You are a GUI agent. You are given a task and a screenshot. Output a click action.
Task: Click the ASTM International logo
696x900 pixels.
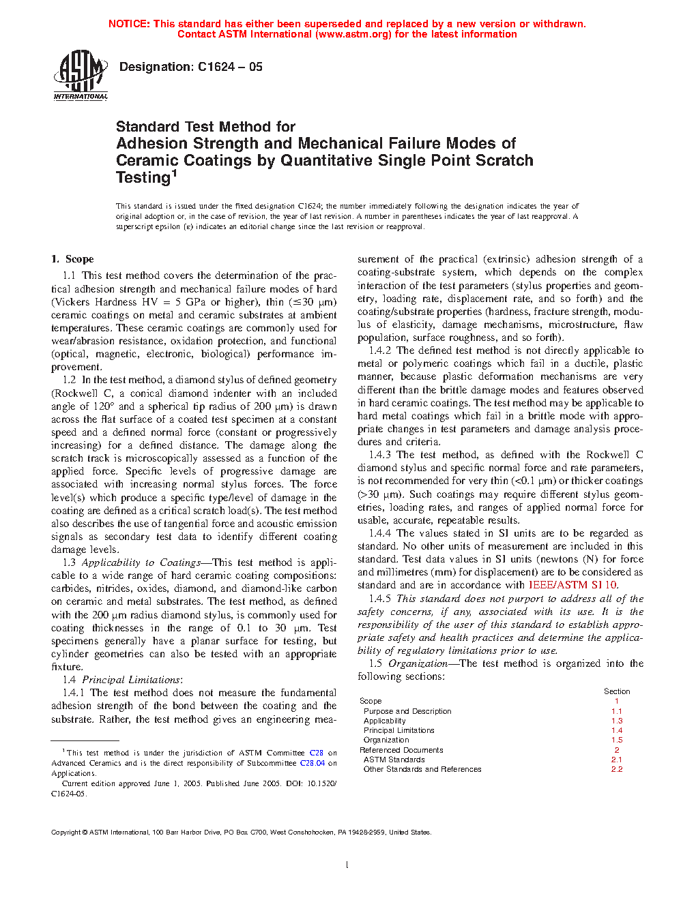tap(81, 75)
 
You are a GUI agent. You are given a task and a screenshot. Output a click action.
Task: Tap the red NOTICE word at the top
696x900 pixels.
tap(129, 24)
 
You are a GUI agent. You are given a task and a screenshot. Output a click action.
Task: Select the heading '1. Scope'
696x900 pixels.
tap(72, 259)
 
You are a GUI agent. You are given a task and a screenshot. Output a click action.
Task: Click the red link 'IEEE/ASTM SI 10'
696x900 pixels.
tap(572, 585)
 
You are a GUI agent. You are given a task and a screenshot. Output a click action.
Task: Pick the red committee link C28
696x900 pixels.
tap(316, 753)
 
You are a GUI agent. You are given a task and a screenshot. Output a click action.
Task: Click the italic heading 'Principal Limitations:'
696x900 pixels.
tap(132, 680)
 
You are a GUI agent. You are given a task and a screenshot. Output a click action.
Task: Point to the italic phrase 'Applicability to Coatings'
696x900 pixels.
tap(141, 562)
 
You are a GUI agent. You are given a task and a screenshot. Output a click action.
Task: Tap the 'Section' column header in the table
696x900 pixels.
tap(617, 691)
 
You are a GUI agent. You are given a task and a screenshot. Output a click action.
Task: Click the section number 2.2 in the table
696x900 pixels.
tap(617, 769)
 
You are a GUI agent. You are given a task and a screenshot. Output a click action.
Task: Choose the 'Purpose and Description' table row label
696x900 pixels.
tap(407, 711)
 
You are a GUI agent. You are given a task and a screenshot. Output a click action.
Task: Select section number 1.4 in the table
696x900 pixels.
tap(617, 730)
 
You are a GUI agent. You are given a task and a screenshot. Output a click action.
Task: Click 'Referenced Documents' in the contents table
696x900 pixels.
tap(401, 750)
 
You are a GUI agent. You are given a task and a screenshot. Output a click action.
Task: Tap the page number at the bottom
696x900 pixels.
tap(347, 865)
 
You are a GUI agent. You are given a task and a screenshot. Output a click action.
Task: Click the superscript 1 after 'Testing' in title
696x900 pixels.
tap(174, 173)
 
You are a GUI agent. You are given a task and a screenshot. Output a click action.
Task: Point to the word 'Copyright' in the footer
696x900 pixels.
tap(66, 832)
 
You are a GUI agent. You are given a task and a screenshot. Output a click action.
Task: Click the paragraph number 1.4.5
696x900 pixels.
tap(380, 599)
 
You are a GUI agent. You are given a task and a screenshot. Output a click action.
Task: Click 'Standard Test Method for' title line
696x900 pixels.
tap(205, 127)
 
